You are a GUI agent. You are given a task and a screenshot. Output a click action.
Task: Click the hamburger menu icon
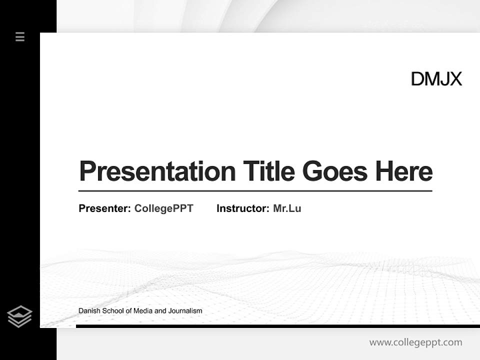20,36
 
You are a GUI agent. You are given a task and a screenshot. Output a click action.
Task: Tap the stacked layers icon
19,316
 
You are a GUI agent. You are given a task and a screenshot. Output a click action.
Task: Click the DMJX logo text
436,79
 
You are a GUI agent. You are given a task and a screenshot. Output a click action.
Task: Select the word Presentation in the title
157,171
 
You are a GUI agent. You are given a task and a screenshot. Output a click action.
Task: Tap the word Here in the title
403,171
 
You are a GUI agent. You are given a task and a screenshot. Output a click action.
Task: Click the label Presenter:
105,208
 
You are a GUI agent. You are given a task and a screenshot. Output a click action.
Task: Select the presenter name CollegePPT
163,208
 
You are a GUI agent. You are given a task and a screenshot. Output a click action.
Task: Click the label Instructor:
242,208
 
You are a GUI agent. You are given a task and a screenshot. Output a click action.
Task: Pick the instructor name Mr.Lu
287,208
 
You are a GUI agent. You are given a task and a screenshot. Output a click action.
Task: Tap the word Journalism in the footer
185,311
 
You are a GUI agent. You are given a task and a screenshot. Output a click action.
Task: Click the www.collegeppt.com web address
415,342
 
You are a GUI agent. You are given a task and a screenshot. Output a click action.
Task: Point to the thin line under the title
255,191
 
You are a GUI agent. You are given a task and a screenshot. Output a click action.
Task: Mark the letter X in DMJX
455,79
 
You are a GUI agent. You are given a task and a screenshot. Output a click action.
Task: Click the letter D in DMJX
417,79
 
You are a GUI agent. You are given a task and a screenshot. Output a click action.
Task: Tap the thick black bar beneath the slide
277,326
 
